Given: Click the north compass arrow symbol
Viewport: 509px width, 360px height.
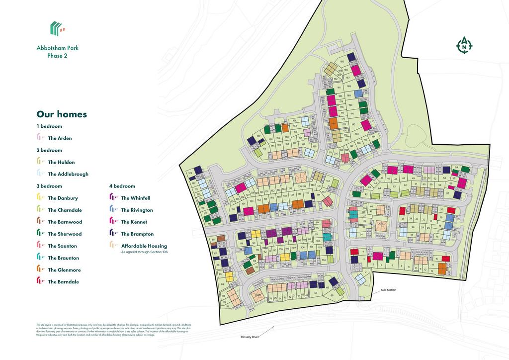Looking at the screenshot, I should (x=464, y=45).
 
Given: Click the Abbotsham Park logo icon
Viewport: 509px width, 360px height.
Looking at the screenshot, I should (x=57, y=28).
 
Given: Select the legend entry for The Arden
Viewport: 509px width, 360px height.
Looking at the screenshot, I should (x=60, y=138).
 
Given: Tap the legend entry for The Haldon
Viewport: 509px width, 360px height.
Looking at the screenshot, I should (x=61, y=162).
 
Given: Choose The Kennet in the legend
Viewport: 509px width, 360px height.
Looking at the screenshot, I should (x=134, y=222).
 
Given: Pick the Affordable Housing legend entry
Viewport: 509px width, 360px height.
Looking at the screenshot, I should (x=144, y=246).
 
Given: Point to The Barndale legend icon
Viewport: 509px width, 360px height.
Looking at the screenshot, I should (x=41, y=282).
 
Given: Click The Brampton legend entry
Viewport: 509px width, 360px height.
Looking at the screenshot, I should (x=137, y=234).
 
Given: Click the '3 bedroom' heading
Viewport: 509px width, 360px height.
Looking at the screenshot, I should (x=49, y=186).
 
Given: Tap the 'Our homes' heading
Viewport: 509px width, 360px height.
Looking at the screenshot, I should (x=62, y=114).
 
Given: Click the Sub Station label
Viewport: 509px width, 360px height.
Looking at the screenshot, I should (x=388, y=290).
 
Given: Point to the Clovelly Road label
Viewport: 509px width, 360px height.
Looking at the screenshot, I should (x=251, y=337).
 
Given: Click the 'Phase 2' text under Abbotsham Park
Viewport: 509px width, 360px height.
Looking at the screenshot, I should (x=57, y=56).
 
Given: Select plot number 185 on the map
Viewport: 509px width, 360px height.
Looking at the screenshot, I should (x=341, y=62).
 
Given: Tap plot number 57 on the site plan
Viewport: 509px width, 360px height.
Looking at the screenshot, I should (x=447, y=193).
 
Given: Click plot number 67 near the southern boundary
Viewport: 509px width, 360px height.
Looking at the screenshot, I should (x=316, y=293).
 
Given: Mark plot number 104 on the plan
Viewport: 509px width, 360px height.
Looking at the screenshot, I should (x=324, y=260).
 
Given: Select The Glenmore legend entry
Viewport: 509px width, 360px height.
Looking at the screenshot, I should (x=64, y=270).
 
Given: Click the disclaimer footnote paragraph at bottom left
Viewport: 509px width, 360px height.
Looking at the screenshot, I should (x=113, y=330).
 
